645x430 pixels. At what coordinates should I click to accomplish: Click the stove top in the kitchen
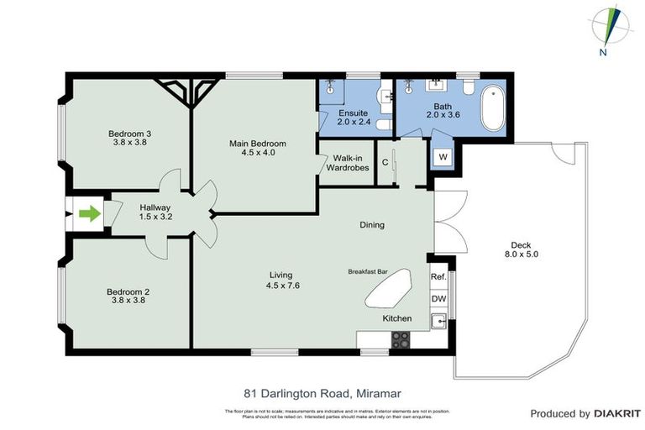click(401, 340)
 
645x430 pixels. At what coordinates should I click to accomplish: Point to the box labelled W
click(443, 157)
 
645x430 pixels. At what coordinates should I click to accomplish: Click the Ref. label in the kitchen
click(438, 277)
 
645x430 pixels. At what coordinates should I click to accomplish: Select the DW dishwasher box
click(438, 298)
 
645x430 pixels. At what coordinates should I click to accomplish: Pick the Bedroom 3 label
click(129, 133)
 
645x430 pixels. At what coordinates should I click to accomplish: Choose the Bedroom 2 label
click(128, 291)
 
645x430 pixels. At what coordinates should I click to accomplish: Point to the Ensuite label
click(353, 112)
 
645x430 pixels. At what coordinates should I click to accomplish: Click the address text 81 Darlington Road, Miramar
click(322, 392)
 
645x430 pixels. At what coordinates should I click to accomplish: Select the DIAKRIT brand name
click(617, 413)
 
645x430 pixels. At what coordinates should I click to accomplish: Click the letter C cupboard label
click(385, 162)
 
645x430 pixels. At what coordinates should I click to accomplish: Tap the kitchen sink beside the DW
click(438, 320)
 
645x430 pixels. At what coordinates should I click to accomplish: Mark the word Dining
click(371, 224)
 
